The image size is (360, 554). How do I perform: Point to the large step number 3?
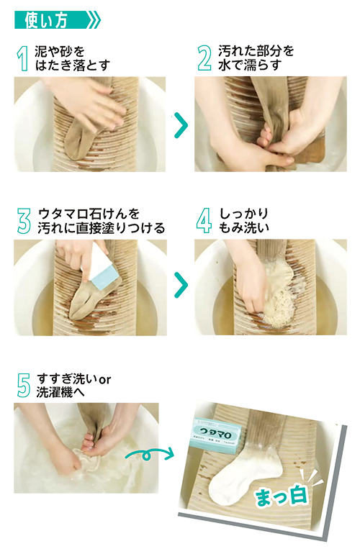point(23,220)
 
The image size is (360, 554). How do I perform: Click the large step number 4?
point(204,220)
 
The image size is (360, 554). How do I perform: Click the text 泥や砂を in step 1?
point(60,52)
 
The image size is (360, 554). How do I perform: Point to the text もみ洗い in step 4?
point(242,227)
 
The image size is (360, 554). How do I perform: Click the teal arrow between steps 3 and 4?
point(181,286)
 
